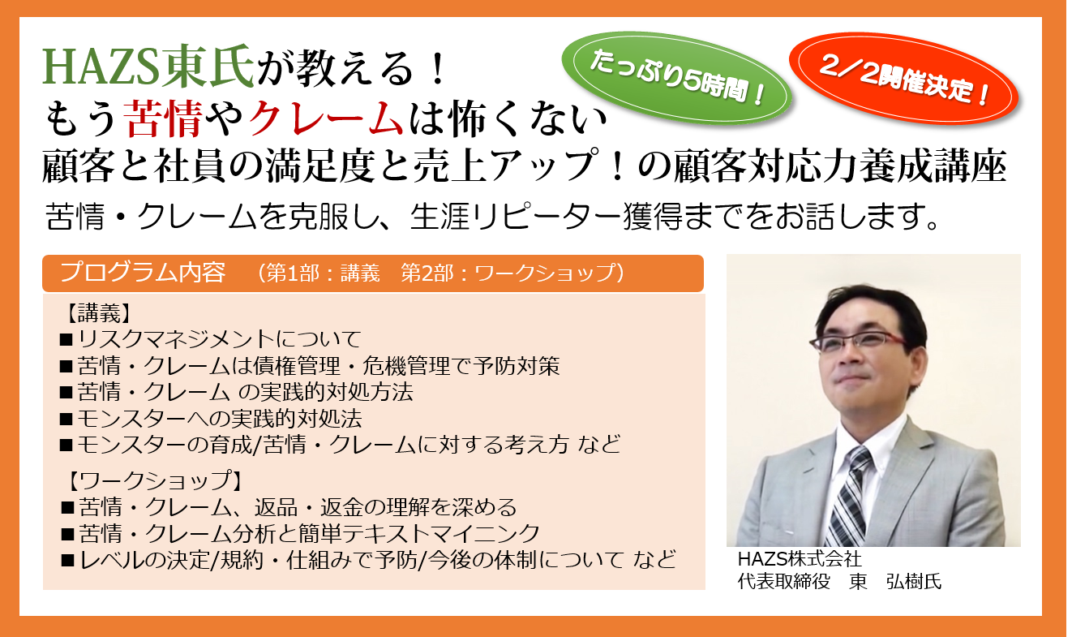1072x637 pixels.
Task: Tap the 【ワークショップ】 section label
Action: (151, 480)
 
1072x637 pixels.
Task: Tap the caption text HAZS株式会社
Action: (799, 559)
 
